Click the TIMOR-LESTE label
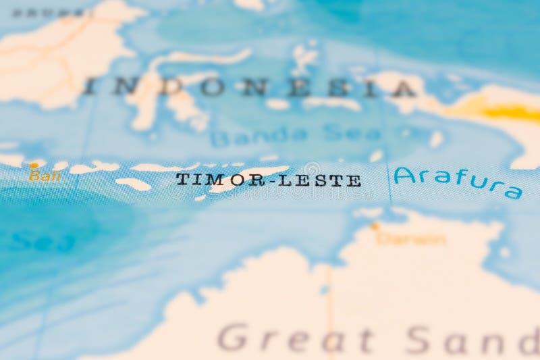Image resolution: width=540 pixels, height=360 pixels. tap(268, 180)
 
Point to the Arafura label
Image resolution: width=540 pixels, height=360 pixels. tap(458, 180)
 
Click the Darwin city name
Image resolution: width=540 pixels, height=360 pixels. tap(411, 238)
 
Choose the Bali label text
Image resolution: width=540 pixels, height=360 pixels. tap(45, 176)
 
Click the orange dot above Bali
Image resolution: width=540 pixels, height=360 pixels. tap(33, 165)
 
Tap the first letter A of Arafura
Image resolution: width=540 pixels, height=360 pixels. tap(403, 176)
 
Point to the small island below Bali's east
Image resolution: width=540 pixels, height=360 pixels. tap(133, 184)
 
